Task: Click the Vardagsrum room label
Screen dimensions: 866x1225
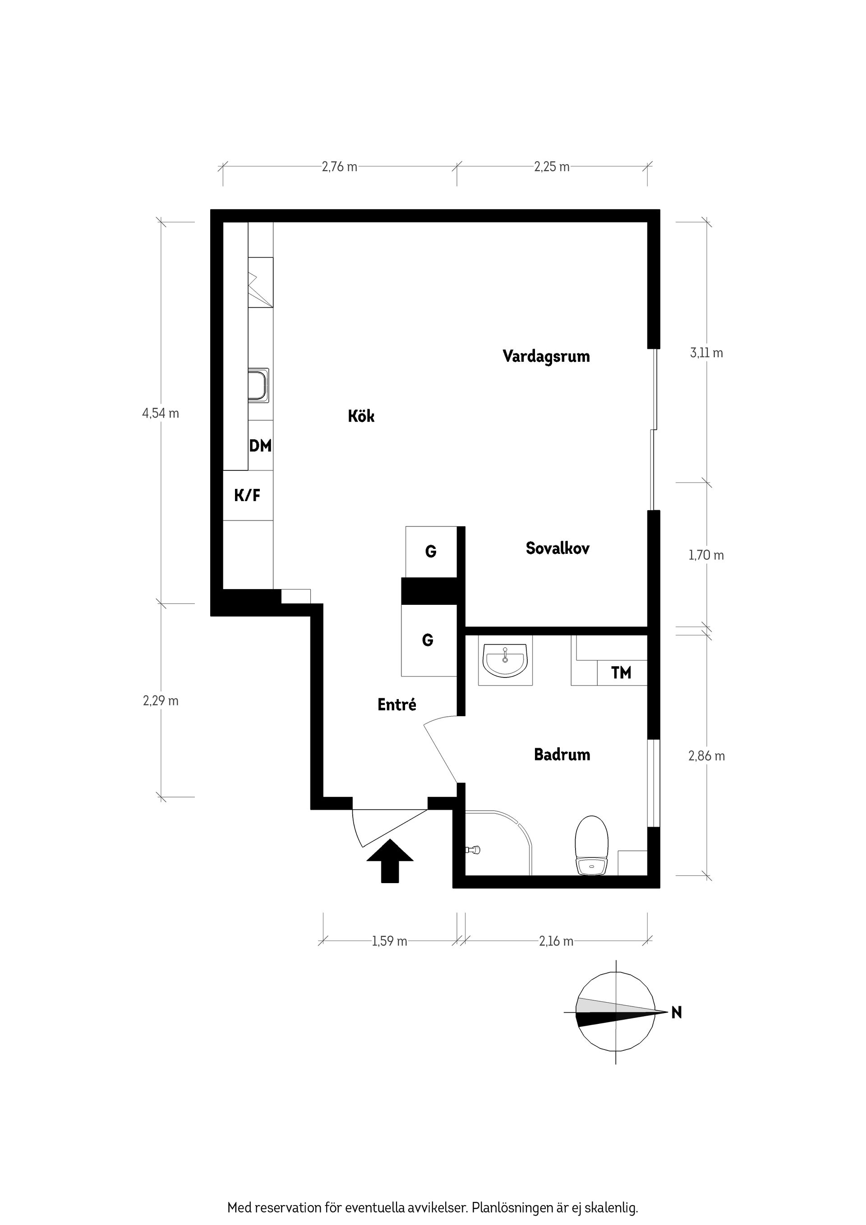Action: [x=546, y=356]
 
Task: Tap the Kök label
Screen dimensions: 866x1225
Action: [x=361, y=416]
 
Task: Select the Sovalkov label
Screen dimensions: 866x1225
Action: [x=557, y=548]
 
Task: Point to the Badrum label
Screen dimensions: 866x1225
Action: [x=562, y=755]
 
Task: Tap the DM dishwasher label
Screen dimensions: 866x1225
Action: [x=260, y=446]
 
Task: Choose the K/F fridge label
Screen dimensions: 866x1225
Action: [x=248, y=496]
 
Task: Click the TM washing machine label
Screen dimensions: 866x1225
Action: [x=621, y=673]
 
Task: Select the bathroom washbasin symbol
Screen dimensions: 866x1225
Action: [x=505, y=659]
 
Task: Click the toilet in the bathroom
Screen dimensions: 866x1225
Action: [x=592, y=845]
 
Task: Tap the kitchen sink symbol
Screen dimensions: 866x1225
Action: [x=259, y=385]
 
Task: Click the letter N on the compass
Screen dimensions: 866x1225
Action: [x=676, y=1012]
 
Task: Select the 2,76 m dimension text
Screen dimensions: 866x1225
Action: [x=339, y=166]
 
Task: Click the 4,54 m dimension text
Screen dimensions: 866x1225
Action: [x=161, y=413]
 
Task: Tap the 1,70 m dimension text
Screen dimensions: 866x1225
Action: [x=706, y=555]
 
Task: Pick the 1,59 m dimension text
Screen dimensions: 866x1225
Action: [x=390, y=941]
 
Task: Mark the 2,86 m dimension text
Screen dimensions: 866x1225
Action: [x=706, y=756]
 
